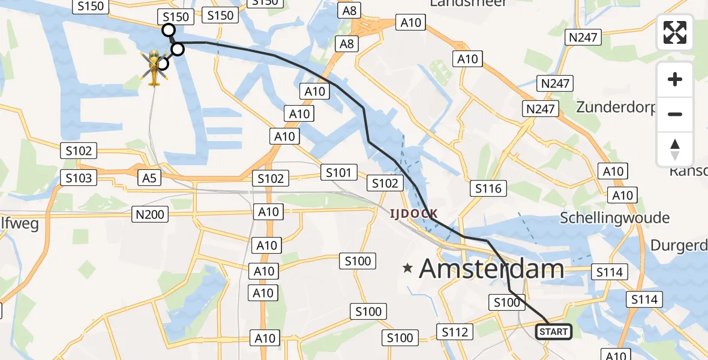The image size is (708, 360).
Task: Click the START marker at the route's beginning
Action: [553, 331]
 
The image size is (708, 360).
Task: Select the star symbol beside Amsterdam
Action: [408, 269]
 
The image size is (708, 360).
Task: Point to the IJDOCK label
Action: [414, 213]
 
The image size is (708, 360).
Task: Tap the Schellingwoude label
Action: [614, 217]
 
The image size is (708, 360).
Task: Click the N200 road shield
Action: [149, 214]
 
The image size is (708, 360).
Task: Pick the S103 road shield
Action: [79, 178]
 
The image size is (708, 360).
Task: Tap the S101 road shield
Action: [338, 173]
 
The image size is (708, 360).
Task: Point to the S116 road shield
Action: [488, 188]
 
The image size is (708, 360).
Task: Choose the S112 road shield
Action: [455, 332]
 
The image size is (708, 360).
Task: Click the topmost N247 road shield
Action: [583, 37]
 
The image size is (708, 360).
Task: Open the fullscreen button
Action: [675, 32]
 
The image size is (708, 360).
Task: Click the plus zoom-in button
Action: [675, 79]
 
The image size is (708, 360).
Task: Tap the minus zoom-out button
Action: [675, 114]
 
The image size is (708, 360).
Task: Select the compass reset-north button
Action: [675, 149]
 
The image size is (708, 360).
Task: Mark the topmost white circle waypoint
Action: [169, 30]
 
